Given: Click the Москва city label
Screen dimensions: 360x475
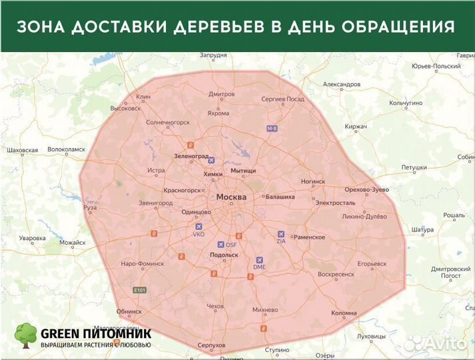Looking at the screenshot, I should (x=231, y=197).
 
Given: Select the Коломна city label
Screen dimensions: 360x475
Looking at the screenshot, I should (x=344, y=313).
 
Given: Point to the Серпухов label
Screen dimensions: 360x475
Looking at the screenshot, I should (x=211, y=345).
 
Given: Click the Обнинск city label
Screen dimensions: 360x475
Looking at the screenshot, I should (x=129, y=311).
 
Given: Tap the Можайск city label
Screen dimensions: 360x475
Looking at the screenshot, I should (x=73, y=243).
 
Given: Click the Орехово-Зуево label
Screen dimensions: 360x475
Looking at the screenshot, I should (x=367, y=190).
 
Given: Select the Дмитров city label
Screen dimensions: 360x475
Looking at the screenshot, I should (x=221, y=95).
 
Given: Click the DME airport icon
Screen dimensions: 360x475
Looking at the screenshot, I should (x=260, y=260).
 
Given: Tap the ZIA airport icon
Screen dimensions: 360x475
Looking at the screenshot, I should (x=280, y=234).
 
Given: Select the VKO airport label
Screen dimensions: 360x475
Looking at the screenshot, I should (x=199, y=235).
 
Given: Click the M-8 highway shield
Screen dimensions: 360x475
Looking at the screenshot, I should (x=271, y=128).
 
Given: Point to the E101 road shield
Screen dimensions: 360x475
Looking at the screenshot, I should (x=139, y=290).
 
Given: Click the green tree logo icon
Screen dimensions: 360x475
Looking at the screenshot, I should (x=25, y=335).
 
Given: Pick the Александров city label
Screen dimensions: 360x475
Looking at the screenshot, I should (x=341, y=85).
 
